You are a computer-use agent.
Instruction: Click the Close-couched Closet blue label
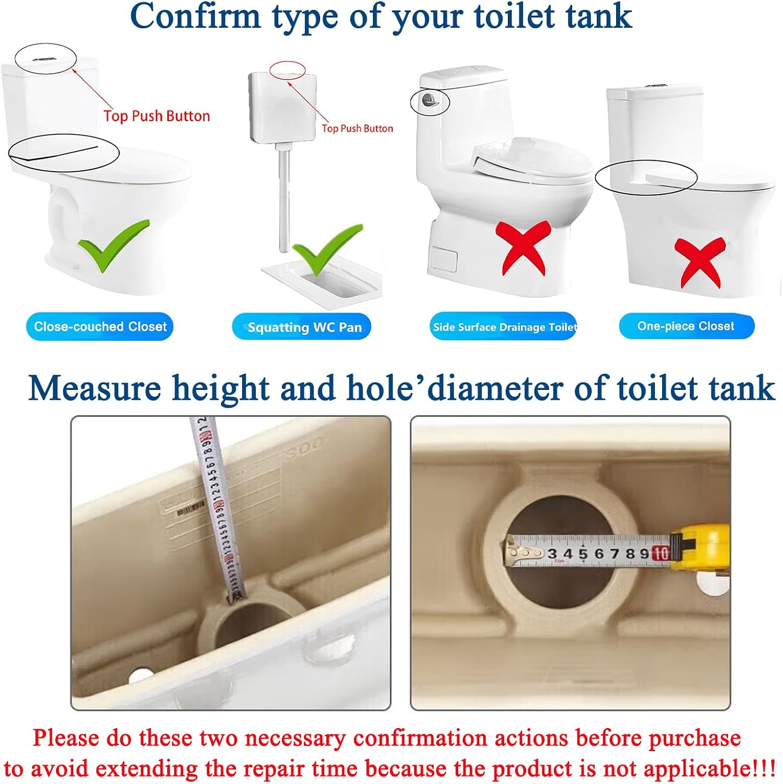click(x=99, y=327)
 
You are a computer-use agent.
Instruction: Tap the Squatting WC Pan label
click(x=302, y=327)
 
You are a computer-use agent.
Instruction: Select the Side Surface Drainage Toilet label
click(x=504, y=327)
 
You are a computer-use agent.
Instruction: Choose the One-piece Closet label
click(x=686, y=326)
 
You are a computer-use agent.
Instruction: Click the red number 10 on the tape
click(x=661, y=554)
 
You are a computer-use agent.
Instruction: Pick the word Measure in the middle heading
click(x=95, y=388)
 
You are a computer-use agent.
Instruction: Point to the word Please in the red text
click(x=66, y=738)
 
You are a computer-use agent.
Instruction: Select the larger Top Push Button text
click(x=157, y=116)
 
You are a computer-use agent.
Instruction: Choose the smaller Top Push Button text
click(x=357, y=129)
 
